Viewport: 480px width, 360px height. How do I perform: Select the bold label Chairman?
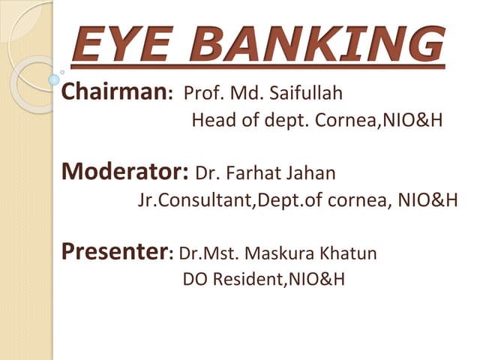coord(115,93)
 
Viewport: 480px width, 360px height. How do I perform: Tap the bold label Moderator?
coord(124,172)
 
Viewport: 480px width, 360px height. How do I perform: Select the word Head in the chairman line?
coord(213,120)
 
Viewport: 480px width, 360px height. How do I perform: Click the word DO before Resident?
coord(194,280)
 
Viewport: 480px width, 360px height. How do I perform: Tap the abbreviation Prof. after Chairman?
coord(202,95)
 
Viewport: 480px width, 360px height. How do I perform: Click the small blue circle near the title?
coord(54,79)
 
